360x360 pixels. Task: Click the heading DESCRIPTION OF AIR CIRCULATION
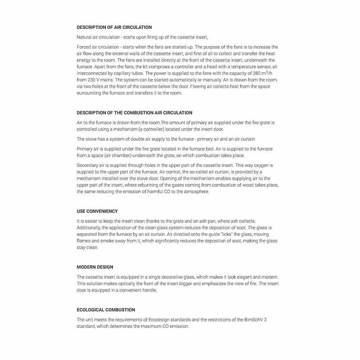(x=114, y=27)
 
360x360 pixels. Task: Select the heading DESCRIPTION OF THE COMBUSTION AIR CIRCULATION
(x=134, y=113)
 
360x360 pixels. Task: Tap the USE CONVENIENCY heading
(x=97, y=211)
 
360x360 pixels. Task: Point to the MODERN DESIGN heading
(x=95, y=267)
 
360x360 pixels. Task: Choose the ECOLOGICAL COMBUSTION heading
(x=106, y=310)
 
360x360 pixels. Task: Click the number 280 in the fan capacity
(x=252, y=73)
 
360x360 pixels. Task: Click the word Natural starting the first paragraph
(x=84, y=37)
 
